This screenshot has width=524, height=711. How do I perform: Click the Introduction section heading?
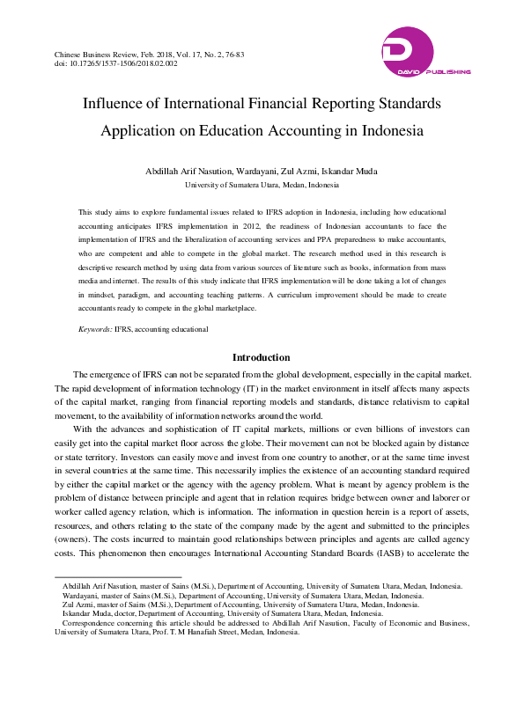(261, 357)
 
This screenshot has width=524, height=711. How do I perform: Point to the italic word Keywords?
(94, 328)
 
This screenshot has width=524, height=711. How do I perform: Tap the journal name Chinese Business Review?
(96, 55)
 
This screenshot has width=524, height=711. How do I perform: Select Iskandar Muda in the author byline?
(352, 171)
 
